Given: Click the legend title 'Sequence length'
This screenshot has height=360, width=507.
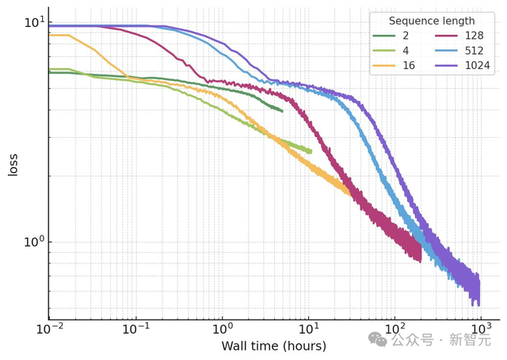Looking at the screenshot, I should tap(432, 21).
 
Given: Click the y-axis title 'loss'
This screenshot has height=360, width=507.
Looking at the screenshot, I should tap(13, 164).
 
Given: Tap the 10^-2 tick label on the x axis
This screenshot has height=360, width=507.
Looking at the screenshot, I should tap(49, 328).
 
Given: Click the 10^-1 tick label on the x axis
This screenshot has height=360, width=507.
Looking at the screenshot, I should tap(135, 328).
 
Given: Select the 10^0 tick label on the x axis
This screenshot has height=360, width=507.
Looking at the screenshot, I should tap(223, 328).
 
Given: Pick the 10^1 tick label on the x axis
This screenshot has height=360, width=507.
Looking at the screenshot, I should tap(308, 328).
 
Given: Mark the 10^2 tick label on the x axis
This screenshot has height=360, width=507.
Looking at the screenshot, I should tap(395, 328).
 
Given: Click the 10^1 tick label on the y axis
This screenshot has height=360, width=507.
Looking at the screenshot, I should tap(33, 21).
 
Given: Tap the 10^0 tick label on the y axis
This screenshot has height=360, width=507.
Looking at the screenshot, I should tap(33, 241).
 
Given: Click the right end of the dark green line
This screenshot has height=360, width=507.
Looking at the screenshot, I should tap(283, 111).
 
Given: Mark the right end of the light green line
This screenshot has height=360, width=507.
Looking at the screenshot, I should tap(311, 151).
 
